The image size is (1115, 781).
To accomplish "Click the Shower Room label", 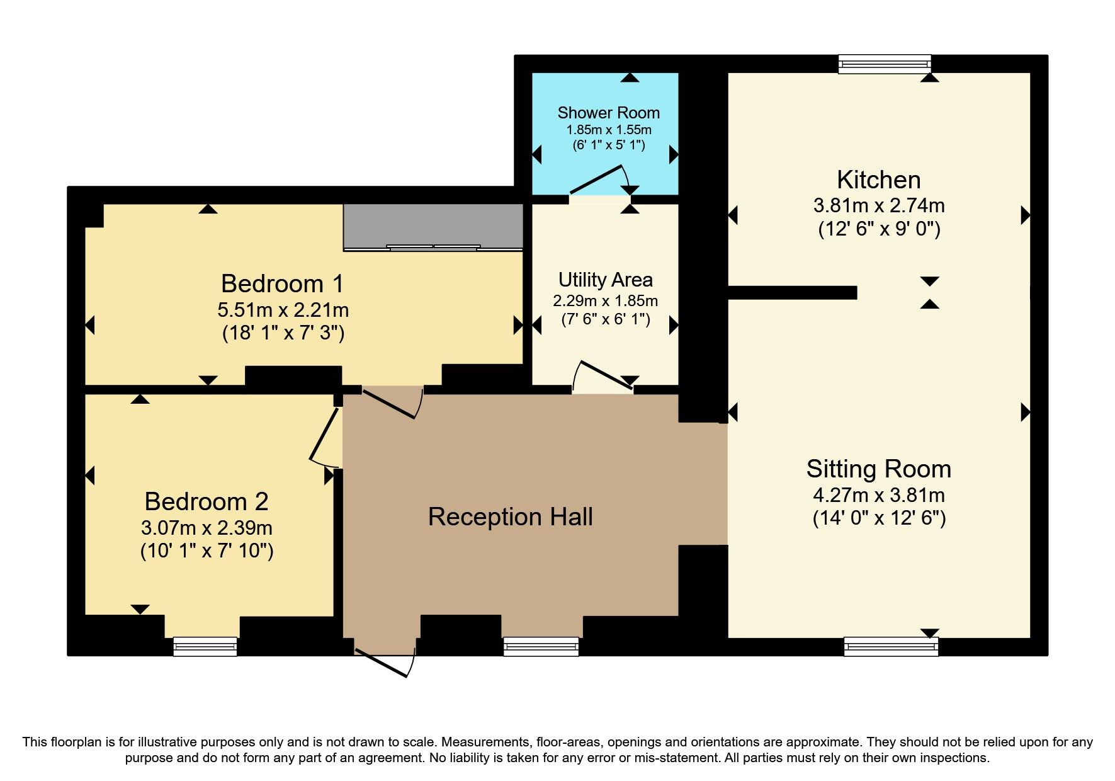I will (x=608, y=113).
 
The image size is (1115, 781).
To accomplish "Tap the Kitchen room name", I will (x=878, y=180).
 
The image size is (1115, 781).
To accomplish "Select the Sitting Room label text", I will (x=878, y=469).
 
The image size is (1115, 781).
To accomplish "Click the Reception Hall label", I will (x=510, y=517).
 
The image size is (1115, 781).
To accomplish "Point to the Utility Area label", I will (x=605, y=280).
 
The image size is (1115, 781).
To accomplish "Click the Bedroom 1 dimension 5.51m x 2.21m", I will (x=283, y=310).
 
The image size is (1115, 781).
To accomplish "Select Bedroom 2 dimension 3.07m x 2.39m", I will (x=207, y=528).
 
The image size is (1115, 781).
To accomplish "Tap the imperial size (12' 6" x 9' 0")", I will (x=879, y=229).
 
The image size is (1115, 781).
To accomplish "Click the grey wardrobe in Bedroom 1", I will (x=433, y=226).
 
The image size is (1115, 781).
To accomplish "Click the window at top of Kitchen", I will (x=884, y=63).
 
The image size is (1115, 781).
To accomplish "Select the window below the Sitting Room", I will (x=891, y=646).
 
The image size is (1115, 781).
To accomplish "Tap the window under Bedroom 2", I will (x=205, y=646).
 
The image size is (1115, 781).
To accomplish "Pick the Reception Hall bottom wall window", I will (x=541, y=646).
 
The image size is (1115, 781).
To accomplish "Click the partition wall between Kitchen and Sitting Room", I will (x=792, y=292).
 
